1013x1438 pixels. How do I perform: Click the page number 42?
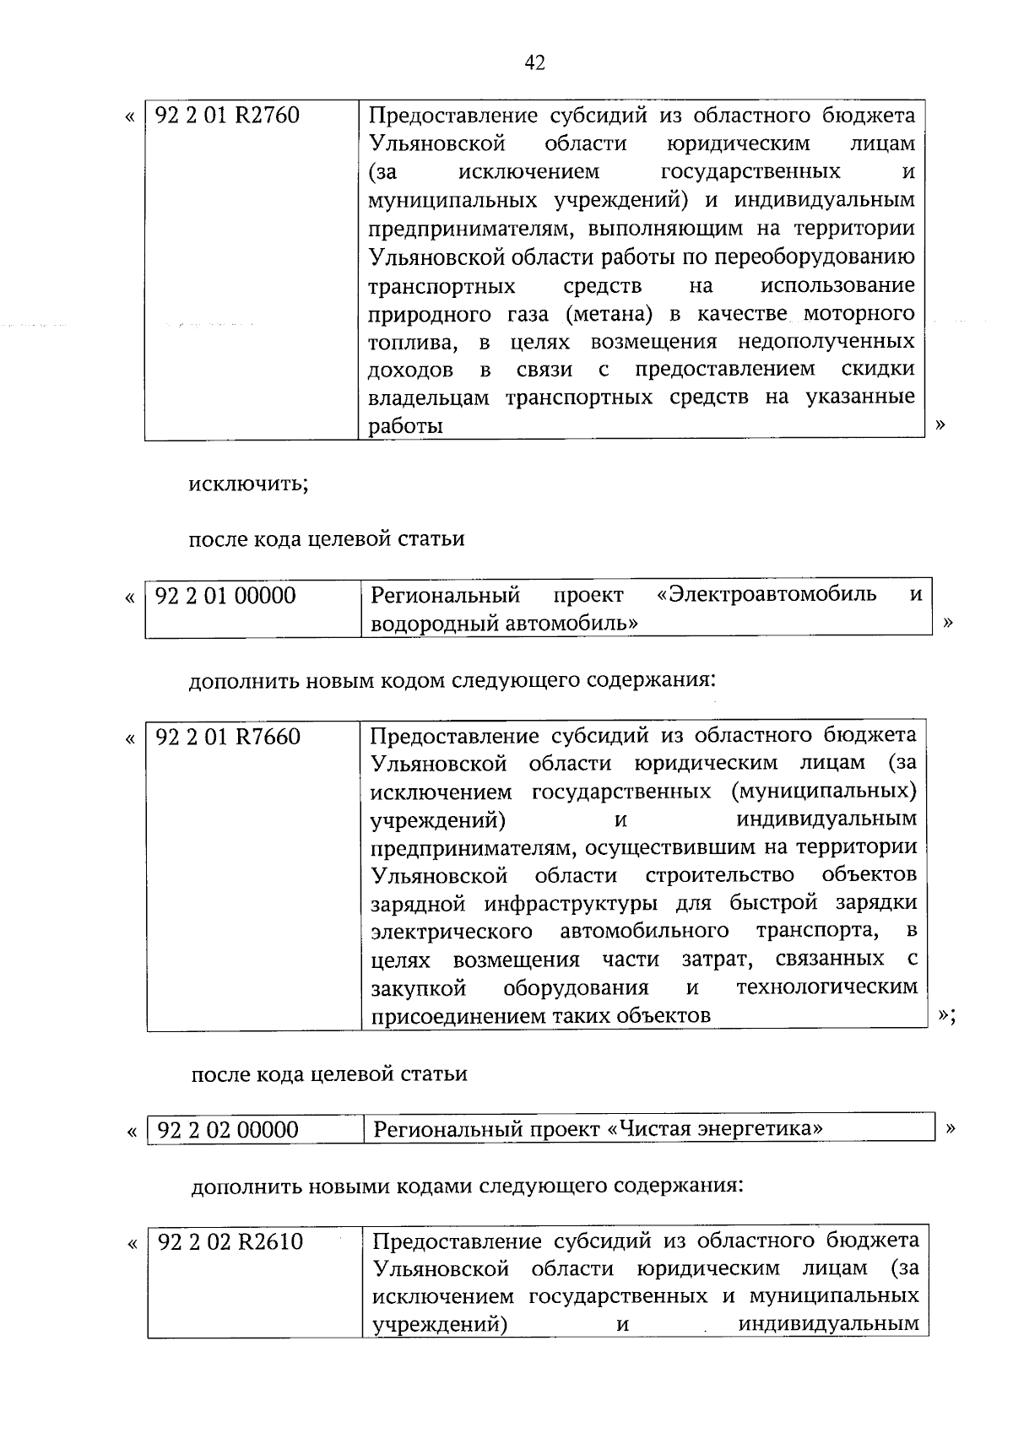coord(534,62)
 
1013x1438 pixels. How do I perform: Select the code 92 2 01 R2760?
coord(228,116)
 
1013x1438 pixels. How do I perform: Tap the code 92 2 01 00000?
coord(226,596)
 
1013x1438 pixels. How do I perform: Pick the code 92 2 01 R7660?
coord(229,737)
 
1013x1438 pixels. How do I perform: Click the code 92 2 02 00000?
coord(228,1130)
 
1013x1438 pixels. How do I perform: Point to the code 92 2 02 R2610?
coord(230,1242)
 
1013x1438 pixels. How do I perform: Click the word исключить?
coord(248,484)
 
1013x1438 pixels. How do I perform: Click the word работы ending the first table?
coord(406,427)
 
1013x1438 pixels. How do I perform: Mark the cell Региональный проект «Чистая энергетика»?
coord(598,1129)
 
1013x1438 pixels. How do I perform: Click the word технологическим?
coord(826,987)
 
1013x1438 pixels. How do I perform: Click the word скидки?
coord(878,370)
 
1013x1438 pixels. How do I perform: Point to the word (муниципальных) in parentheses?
coord(824,792)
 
